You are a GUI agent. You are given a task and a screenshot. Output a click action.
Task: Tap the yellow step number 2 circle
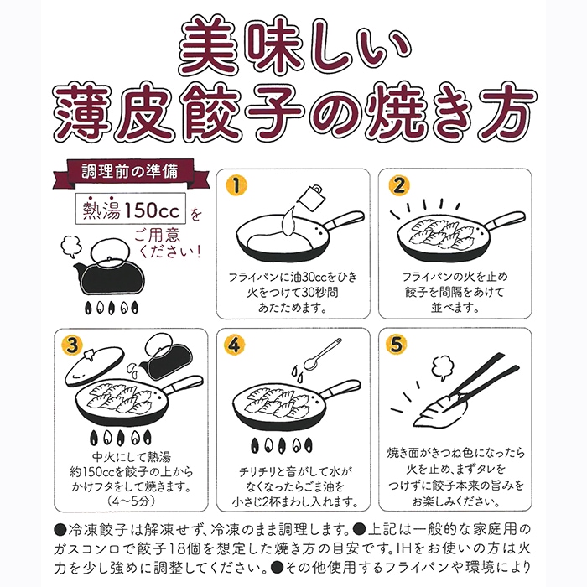pyautogui.click(x=400, y=184)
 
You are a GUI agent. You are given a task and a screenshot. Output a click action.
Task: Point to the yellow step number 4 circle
pyautogui.click(x=235, y=345)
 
